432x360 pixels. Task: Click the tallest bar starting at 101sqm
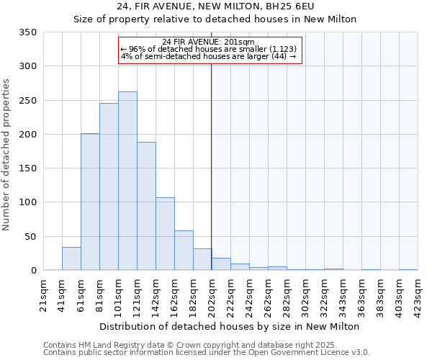tap(127, 181)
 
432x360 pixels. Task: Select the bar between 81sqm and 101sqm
tap(109, 186)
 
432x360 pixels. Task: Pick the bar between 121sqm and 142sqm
tap(146, 206)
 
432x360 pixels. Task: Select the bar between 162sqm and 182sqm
tap(184, 251)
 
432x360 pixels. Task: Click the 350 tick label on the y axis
tap(27, 32)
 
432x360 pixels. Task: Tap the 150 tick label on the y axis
tap(27, 168)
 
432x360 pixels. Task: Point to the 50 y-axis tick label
tap(30, 236)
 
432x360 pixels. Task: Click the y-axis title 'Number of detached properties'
tap(7, 155)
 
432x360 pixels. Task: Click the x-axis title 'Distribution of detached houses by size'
tap(229, 327)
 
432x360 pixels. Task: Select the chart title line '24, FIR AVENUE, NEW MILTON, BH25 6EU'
tap(215, 6)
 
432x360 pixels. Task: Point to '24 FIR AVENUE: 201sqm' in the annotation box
tap(209, 42)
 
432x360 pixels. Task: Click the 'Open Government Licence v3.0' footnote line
tap(207, 353)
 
